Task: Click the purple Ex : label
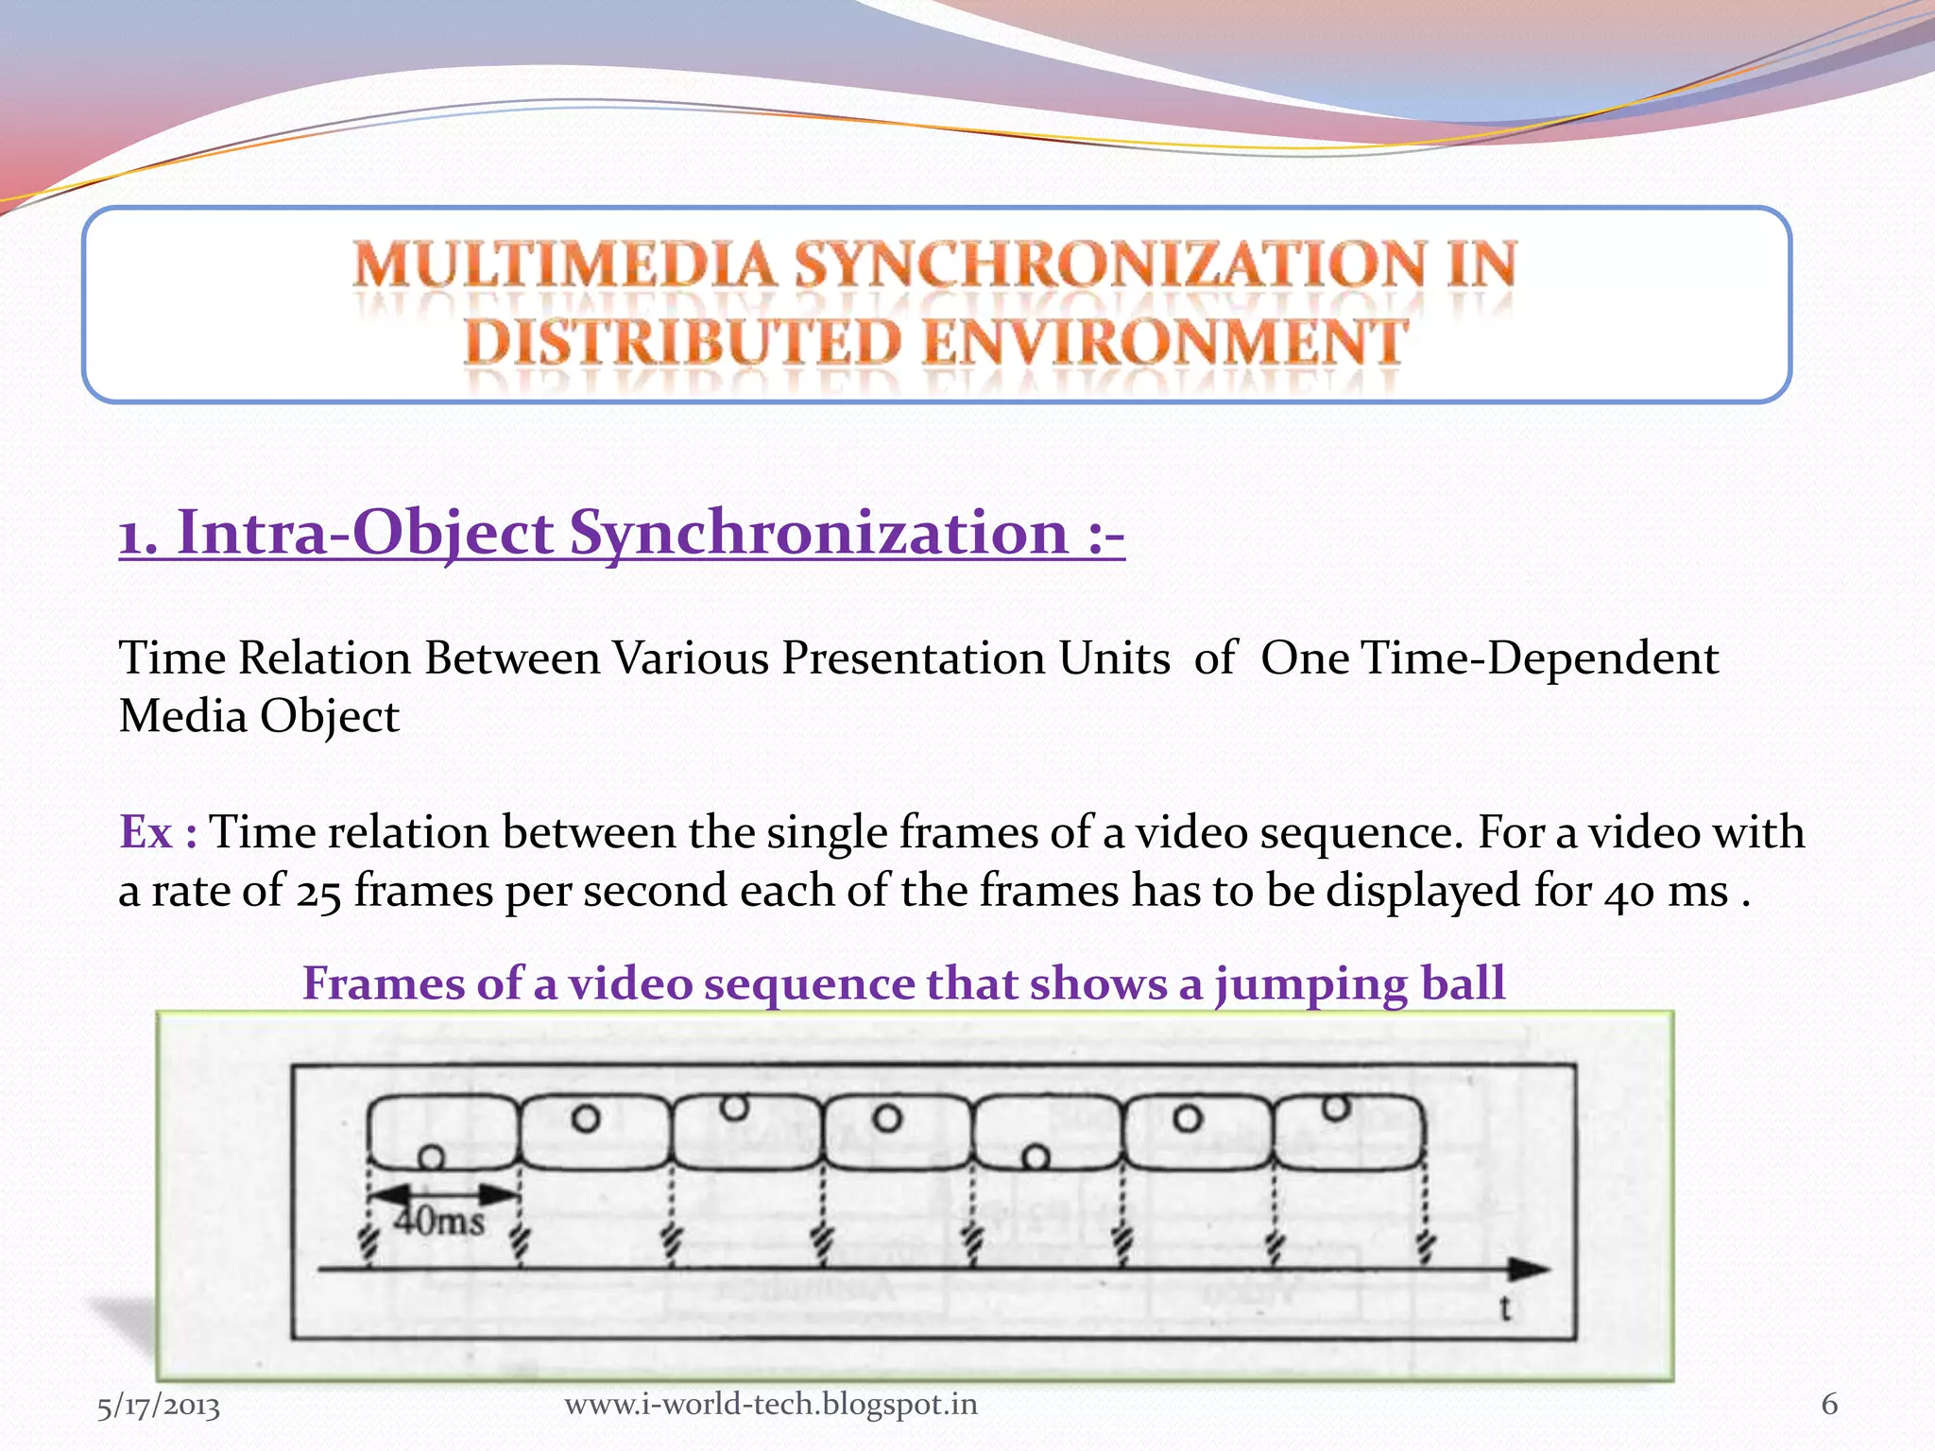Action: tap(158, 832)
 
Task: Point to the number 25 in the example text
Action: tap(318, 892)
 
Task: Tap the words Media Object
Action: tap(259, 716)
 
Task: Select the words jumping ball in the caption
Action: tap(1360, 983)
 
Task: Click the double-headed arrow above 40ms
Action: tap(443, 1194)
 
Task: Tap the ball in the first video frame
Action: tap(432, 1156)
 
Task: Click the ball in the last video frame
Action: tap(1336, 1107)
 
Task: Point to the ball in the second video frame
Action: tap(586, 1119)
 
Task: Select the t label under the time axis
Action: tap(1505, 1309)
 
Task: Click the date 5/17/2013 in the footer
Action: tap(159, 1406)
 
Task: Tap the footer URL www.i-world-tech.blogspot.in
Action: tap(771, 1404)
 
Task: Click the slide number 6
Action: tap(1829, 1404)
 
